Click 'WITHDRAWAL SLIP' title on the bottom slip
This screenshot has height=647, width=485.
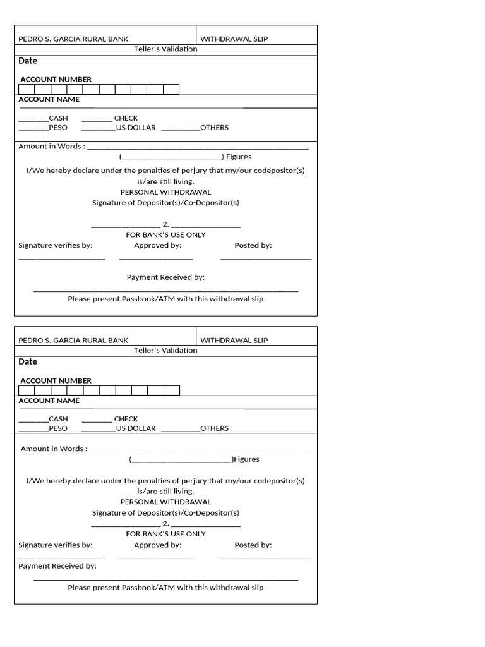point(234,341)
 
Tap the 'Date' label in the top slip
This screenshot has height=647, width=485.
point(28,61)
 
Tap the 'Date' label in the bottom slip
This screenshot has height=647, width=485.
point(28,361)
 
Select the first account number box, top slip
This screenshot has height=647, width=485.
point(27,89)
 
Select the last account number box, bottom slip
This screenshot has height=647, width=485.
point(172,390)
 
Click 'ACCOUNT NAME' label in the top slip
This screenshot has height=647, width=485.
point(49,99)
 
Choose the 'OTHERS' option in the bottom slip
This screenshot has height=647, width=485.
point(214,428)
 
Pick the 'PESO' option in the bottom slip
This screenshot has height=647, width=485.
point(57,428)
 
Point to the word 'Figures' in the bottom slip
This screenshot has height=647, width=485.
point(247,459)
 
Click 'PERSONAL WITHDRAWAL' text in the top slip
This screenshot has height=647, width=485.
point(165,192)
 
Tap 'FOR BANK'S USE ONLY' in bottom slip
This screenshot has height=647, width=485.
point(165,534)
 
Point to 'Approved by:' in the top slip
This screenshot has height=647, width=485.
point(157,245)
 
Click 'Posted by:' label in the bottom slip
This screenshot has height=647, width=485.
point(253,545)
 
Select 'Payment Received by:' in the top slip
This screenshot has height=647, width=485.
point(165,277)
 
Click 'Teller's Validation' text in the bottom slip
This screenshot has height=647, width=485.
point(165,351)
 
